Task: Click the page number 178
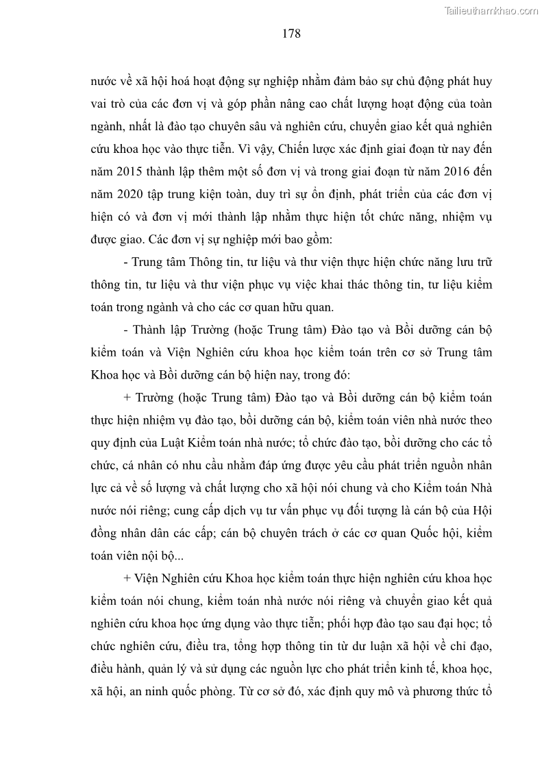click(291, 34)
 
